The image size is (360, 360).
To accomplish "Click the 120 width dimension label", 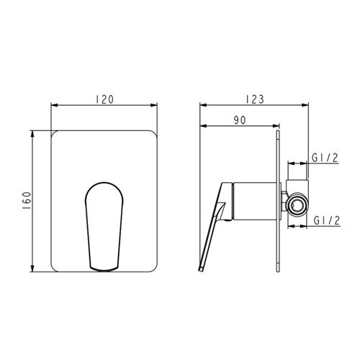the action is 104,99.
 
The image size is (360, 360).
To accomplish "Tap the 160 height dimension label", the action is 27,201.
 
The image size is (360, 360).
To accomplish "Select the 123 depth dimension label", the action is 255,99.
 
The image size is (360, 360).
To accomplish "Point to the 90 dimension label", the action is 240,120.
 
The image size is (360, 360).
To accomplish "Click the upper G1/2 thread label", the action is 325,158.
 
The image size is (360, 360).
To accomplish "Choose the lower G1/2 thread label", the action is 327,220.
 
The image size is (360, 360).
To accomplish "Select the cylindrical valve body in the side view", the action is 254,201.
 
